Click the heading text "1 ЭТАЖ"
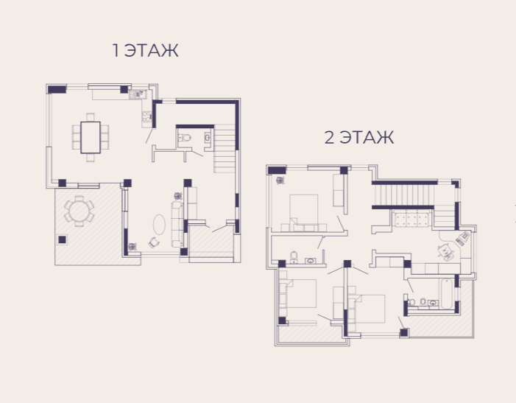pyautogui.click(x=145, y=50)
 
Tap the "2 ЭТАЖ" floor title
pyautogui.click(x=359, y=137)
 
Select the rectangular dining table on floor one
pyautogui.click(x=91, y=137)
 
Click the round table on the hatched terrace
pyautogui.click(x=79, y=211)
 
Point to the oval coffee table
pyautogui.click(x=159, y=225)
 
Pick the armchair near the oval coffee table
pyautogui.click(x=154, y=242)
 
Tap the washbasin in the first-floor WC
pyautogui.click(x=208, y=137)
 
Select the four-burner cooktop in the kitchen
pyautogui.click(x=146, y=116)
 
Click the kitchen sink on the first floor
pyautogui.click(x=138, y=94)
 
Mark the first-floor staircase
pyautogui.click(x=225, y=149)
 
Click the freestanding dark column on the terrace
pyautogui.click(x=62, y=239)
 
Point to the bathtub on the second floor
pyautogui.click(x=447, y=293)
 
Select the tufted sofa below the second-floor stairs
pyautogui.click(x=411, y=219)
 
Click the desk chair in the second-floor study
pyautogui.click(x=445, y=251)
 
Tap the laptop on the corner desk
pyautogui.click(x=464, y=237)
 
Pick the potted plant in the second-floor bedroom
pyautogui.click(x=280, y=180)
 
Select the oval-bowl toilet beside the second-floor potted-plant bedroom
pyautogui.click(x=294, y=257)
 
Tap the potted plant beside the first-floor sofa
pyautogui.click(x=178, y=196)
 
